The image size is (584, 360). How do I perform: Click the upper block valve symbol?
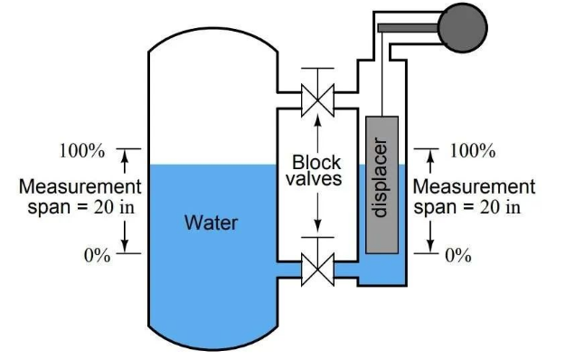click(x=317, y=100)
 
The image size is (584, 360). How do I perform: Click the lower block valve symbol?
click(x=317, y=270)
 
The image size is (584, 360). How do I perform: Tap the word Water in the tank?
click(x=211, y=223)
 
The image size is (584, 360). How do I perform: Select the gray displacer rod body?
click(x=381, y=185)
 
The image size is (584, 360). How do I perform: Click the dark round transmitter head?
click(x=462, y=27)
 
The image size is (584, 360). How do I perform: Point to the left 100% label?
click(x=82, y=151)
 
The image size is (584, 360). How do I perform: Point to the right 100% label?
click(x=473, y=151)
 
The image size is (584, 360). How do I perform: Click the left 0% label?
click(x=98, y=256)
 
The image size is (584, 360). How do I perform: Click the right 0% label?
click(x=458, y=256)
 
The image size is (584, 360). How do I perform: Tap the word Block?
click(x=316, y=163)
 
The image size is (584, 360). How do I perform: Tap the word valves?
click(x=314, y=178)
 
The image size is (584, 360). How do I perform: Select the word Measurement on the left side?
click(x=80, y=186)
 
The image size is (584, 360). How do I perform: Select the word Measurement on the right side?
click(x=474, y=186)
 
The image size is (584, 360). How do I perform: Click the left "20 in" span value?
click(x=114, y=207)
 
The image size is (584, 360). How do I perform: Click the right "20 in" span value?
click(x=500, y=207)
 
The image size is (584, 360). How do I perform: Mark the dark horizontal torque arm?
click(x=409, y=27)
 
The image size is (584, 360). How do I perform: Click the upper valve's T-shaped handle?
click(x=317, y=76)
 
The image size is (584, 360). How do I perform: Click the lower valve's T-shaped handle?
click(x=317, y=245)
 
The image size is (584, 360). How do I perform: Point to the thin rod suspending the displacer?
click(x=382, y=74)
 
